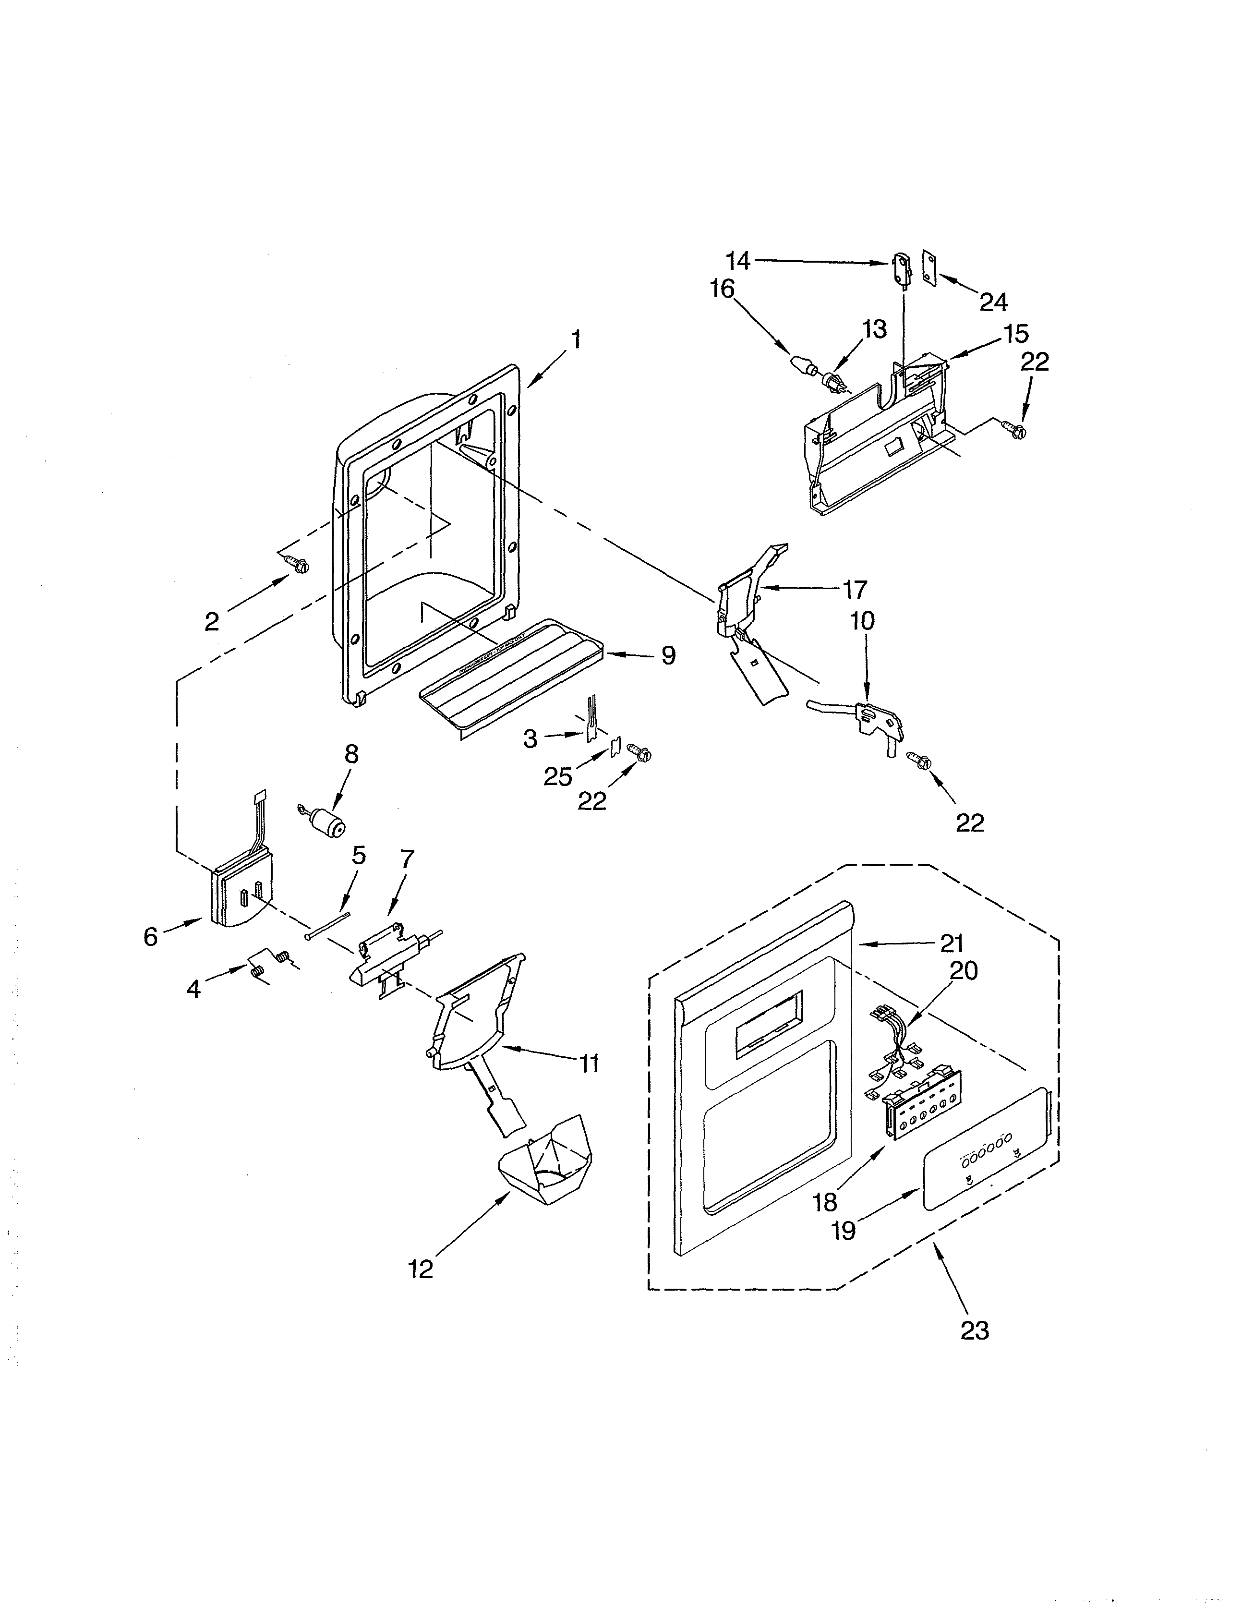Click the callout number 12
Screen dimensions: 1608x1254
[421, 1269]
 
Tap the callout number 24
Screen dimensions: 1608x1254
[993, 302]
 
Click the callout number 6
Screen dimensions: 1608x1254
[150, 937]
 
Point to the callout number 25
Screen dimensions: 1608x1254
[557, 775]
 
